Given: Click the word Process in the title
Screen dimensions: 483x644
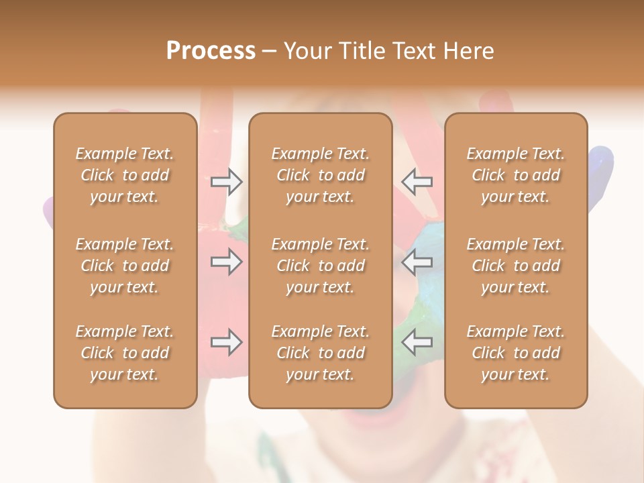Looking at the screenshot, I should pos(211,51).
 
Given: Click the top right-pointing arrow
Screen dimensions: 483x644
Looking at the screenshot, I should pos(226,182).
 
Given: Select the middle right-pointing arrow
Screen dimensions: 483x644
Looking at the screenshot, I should pos(226,262).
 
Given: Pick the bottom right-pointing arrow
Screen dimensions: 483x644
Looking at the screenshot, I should pos(226,343).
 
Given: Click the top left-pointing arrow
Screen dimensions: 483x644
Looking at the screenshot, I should pos(417,182).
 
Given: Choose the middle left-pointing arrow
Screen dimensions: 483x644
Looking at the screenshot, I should pos(417,262).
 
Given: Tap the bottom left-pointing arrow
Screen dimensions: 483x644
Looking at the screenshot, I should pos(417,343).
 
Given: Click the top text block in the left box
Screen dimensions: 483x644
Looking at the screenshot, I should pos(125,175).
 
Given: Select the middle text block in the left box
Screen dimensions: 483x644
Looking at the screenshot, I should pos(125,266).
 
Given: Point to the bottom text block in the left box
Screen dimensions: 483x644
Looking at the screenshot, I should pos(125,353).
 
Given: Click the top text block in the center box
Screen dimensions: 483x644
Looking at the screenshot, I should pos(321,175).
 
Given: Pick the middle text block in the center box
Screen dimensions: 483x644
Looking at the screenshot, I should pos(321,266).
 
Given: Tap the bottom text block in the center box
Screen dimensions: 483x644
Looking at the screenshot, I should pos(321,353).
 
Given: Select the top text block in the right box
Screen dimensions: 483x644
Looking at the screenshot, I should pos(516,175).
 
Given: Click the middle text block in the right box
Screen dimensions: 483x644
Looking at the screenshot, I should pos(516,266).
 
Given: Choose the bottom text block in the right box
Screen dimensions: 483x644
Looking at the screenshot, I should pos(516,353).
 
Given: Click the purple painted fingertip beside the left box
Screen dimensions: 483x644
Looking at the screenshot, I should pos(47,211).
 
